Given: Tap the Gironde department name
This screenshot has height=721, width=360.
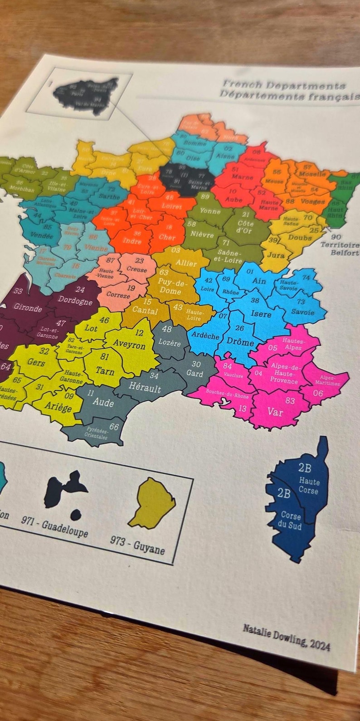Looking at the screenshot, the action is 28,307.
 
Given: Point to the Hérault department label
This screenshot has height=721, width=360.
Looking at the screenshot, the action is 145,388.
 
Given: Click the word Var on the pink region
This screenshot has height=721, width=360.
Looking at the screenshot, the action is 275,411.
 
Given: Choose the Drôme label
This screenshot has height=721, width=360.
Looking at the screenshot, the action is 240,341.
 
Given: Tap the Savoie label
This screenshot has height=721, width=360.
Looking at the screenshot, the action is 302,312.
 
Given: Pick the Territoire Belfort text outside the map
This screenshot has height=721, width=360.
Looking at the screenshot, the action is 340,248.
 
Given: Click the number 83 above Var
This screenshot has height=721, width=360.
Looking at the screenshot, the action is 290,400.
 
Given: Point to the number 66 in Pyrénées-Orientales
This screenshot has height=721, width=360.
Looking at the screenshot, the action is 114,427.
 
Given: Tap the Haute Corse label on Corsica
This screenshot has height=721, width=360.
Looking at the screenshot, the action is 309,486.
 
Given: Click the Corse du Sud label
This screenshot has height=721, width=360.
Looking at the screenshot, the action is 291,520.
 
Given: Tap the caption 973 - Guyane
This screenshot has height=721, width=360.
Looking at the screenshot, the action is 137,545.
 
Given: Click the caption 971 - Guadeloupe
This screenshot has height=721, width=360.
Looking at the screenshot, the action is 55,526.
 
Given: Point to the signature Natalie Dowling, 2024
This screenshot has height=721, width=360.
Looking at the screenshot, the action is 286,637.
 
